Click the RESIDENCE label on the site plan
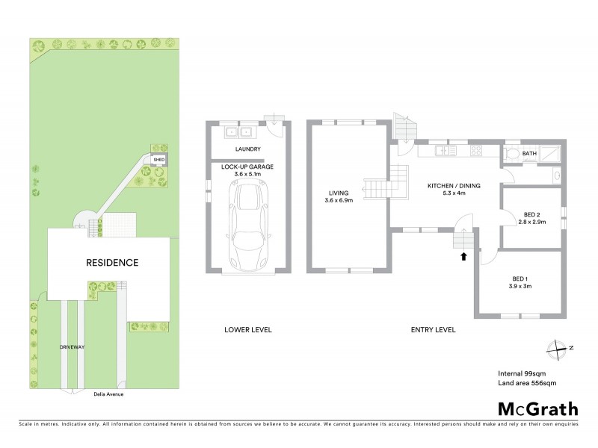click(x=112, y=263)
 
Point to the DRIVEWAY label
click(x=73, y=348)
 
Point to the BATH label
click(x=530, y=154)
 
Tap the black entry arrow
click(x=463, y=257)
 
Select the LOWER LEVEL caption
click(x=248, y=329)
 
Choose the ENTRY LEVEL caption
click(x=434, y=329)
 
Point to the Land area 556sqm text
click(x=528, y=383)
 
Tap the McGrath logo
click(x=537, y=408)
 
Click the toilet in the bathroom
click(x=512, y=155)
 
